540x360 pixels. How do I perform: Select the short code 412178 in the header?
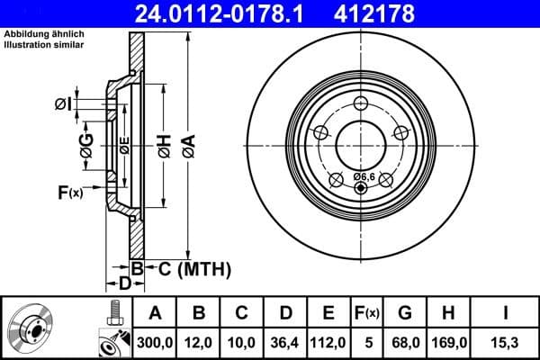(400, 13)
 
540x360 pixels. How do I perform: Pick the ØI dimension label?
(62, 104)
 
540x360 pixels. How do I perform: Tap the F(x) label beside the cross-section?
(70, 192)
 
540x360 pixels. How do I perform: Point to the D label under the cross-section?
(124, 283)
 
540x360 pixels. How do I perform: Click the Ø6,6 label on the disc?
(364, 176)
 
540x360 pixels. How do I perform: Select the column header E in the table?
(328, 313)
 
